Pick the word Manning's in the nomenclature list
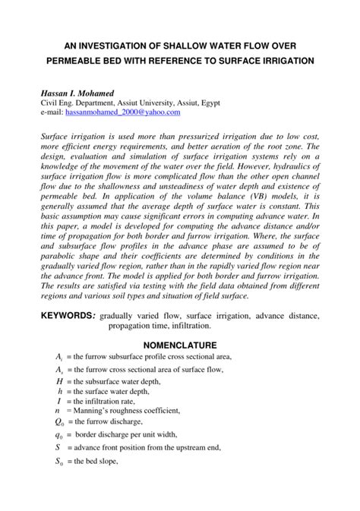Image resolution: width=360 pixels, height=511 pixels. point(93,410)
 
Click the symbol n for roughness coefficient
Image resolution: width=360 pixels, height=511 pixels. point(58,410)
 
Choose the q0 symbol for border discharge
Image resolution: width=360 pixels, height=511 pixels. point(59,435)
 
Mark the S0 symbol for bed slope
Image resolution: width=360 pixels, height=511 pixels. point(59,462)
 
